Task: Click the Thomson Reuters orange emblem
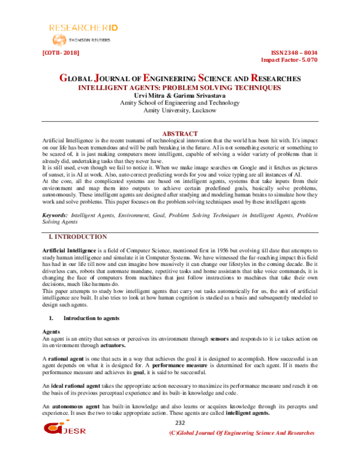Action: [59, 40]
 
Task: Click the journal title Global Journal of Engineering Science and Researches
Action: [180, 79]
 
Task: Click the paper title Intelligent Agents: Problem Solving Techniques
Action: [180, 88]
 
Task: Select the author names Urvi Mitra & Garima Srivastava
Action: [180, 95]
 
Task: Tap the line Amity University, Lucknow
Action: [180, 111]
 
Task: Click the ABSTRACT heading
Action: [180, 133]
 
